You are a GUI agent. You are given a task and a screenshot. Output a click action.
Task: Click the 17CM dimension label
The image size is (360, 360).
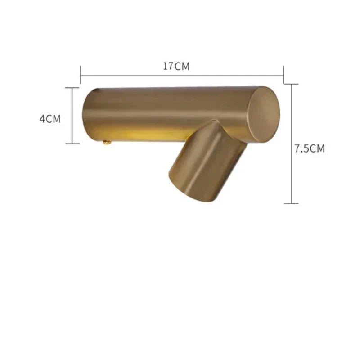[176, 66]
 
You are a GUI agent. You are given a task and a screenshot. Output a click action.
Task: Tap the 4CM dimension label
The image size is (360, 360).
[50, 119]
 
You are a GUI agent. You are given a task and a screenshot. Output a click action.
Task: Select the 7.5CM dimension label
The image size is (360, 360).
[310, 148]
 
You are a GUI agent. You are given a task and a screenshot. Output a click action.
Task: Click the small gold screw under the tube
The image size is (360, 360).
[107, 143]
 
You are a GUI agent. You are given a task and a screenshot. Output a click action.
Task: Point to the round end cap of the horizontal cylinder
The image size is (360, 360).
[264, 114]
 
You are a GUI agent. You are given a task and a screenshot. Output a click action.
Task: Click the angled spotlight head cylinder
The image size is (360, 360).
[208, 161]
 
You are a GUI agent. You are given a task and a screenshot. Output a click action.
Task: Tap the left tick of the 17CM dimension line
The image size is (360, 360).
[81, 75]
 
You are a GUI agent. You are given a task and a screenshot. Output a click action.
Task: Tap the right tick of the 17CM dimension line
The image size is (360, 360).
[283, 75]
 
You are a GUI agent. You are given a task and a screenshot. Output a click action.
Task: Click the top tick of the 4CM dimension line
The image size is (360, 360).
[72, 88]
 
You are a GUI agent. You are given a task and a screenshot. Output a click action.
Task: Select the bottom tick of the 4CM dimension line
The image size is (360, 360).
[72, 144]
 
